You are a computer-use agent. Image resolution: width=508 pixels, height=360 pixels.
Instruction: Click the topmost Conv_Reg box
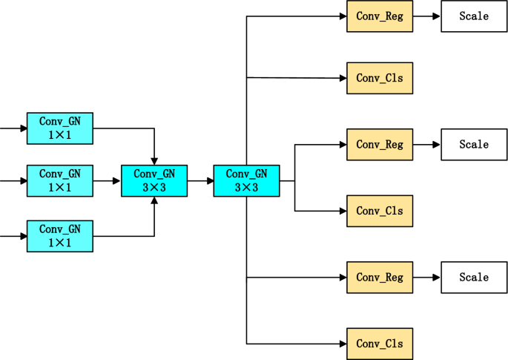point(380,16)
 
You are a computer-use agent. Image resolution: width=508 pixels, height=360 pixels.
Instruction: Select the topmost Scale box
point(474,16)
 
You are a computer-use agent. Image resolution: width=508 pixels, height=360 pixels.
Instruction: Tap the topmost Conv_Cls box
point(380,78)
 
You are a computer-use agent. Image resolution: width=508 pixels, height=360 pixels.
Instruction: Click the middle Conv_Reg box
point(380,145)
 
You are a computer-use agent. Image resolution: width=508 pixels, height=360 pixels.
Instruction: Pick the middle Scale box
point(474,145)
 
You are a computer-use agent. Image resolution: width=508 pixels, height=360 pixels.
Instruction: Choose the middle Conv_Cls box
point(380,211)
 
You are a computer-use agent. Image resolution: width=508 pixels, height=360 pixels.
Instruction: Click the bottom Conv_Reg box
point(380,277)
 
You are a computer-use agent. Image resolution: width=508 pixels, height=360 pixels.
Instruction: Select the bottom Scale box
point(474,277)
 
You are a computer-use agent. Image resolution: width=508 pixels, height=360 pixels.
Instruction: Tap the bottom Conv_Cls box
point(380,344)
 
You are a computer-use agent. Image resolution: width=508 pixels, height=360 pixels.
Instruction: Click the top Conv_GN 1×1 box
point(60,128)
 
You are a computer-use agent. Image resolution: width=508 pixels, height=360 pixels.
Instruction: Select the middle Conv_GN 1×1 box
point(60,180)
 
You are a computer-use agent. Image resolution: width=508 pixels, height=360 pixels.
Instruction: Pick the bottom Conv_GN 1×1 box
point(60,236)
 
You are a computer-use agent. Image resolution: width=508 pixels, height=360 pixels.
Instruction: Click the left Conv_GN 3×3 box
point(154,180)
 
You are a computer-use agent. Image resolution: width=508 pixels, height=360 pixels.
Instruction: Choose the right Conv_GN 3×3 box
point(246,180)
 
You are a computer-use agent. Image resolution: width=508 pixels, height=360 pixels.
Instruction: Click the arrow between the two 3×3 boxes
point(200,180)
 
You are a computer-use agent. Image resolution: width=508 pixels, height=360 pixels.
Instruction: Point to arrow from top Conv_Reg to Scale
point(427,16)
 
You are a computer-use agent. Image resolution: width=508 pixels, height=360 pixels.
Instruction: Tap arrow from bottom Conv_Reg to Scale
point(427,277)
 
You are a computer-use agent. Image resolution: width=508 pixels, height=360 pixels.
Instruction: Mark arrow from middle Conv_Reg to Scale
point(427,145)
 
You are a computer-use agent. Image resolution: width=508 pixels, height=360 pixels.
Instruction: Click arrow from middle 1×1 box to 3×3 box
point(108,180)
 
